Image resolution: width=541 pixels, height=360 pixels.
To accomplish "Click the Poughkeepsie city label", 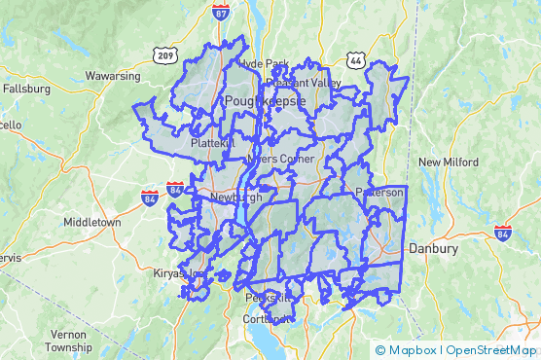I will click(x=266, y=100).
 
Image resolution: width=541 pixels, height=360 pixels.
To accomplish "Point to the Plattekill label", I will click(x=213, y=143).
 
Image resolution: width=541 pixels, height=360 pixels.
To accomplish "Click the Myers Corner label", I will click(x=279, y=158).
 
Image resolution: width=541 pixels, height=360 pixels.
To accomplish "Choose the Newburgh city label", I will click(x=235, y=197).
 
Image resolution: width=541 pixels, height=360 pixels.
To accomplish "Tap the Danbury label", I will click(x=433, y=249).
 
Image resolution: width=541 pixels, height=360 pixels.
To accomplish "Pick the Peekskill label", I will click(x=268, y=298).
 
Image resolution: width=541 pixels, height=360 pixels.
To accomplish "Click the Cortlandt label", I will click(x=269, y=318).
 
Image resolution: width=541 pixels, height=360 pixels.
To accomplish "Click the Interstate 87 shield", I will click(x=222, y=13).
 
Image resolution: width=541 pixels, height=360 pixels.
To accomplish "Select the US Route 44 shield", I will click(x=355, y=60).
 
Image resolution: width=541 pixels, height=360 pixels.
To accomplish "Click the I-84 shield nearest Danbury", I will click(x=502, y=234).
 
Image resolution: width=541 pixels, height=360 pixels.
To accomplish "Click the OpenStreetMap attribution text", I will click(x=491, y=350).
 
